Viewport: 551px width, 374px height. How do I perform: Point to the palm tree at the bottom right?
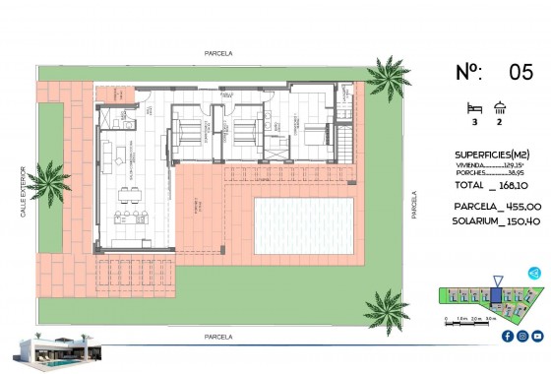[x=387, y=308]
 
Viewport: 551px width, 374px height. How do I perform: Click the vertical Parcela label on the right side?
[x=415, y=206]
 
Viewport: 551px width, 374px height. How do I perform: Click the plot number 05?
[x=520, y=72]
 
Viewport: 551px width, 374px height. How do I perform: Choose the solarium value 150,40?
[x=521, y=222]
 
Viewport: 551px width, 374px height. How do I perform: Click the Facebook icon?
[x=506, y=336]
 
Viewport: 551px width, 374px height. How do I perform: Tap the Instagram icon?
[x=521, y=336]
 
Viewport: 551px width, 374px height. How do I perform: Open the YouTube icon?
[x=537, y=336]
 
